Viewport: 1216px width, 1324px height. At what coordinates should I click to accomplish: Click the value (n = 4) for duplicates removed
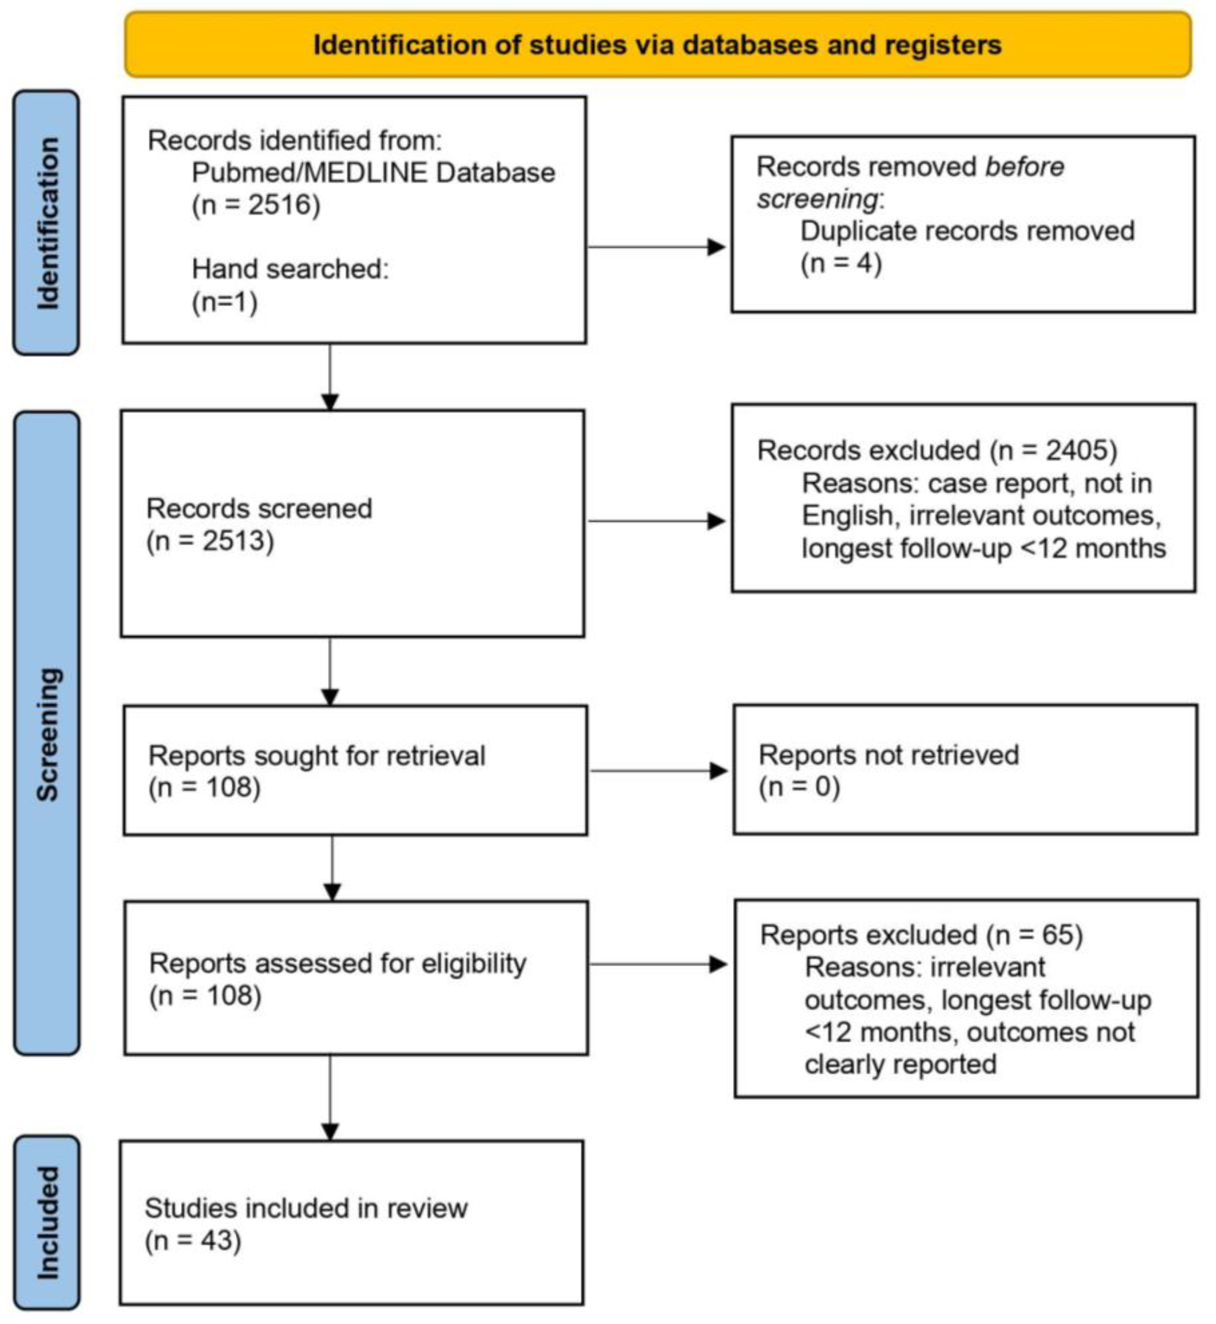[841, 264]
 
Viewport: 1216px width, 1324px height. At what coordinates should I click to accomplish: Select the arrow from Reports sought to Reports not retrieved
[658, 771]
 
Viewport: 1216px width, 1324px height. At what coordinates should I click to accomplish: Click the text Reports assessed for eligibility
[338, 964]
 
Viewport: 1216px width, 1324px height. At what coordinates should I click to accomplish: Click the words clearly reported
[900, 1064]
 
